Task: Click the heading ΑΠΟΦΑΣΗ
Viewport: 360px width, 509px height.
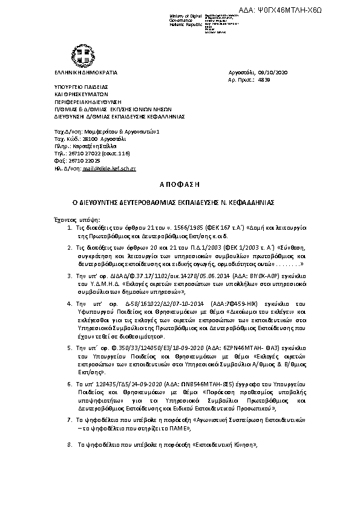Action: tap(180, 183)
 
